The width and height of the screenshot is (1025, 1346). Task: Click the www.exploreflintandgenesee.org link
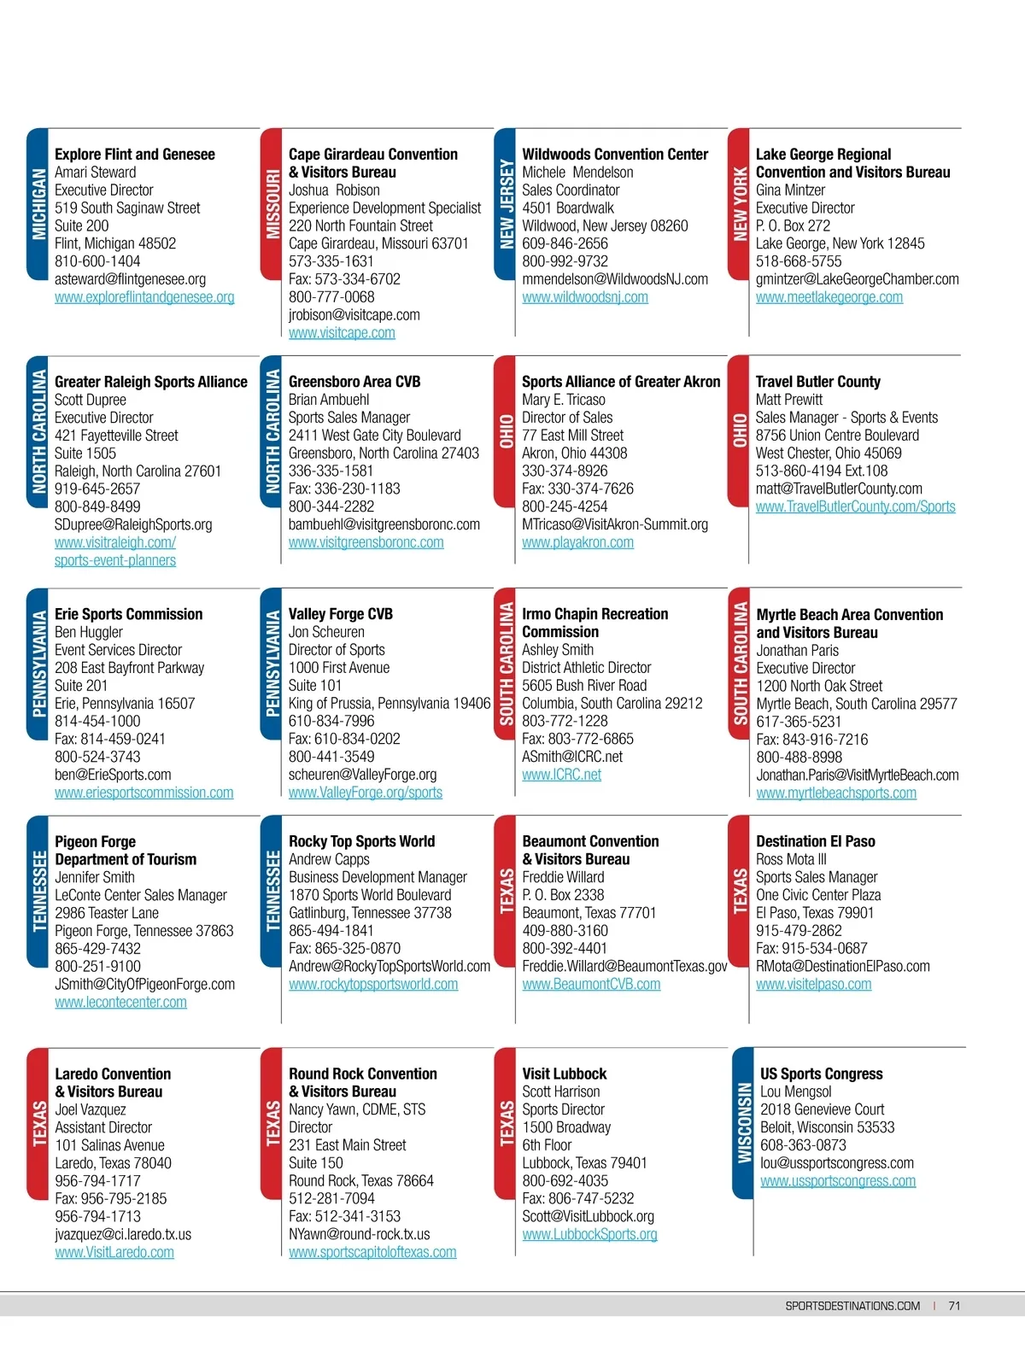[144, 297]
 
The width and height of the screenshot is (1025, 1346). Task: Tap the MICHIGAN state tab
[38, 204]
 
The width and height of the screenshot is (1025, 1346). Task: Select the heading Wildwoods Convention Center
[615, 155]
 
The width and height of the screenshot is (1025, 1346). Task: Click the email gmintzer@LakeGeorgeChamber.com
[857, 279]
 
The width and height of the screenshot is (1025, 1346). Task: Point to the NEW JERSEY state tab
[506, 204]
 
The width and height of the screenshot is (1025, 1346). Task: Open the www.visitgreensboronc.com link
[366, 542]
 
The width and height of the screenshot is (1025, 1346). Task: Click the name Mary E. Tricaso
[564, 400]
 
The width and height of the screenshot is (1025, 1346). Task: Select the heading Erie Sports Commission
[128, 614]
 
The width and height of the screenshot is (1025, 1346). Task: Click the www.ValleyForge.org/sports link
[365, 793]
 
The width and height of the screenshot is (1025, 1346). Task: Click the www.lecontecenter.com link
[120, 1003]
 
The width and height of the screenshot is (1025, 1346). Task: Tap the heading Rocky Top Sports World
[361, 841]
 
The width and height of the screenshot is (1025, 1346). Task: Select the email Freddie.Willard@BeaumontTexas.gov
[624, 967]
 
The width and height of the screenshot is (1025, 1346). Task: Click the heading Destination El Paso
[815, 841]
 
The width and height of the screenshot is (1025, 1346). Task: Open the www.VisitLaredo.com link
[114, 1253]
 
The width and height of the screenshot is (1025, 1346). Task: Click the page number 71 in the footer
[954, 1306]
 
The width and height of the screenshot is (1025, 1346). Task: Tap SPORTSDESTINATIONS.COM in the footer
[852, 1306]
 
